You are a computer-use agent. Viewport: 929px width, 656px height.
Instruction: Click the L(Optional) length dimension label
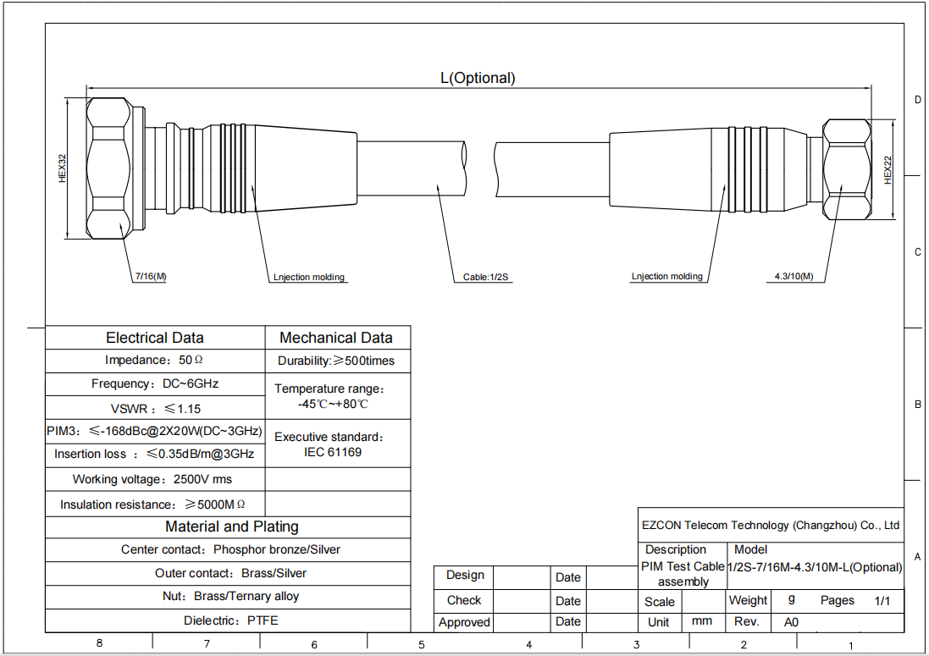[478, 78]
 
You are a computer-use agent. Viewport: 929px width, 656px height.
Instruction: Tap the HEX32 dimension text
[62, 168]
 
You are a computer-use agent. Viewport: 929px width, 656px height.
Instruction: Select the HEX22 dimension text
[888, 170]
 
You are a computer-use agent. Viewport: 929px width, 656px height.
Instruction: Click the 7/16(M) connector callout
[151, 276]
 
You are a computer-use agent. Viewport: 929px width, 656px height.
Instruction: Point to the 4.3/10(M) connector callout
[794, 276]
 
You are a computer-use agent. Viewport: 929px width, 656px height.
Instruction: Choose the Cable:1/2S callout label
[486, 277]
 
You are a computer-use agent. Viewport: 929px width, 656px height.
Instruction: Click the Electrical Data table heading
[155, 338]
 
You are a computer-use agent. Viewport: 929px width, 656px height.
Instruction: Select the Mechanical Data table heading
[336, 338]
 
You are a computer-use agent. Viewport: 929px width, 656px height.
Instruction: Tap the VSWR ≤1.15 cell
[155, 409]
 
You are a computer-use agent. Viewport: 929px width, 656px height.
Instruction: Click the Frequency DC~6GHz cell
[155, 383]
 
